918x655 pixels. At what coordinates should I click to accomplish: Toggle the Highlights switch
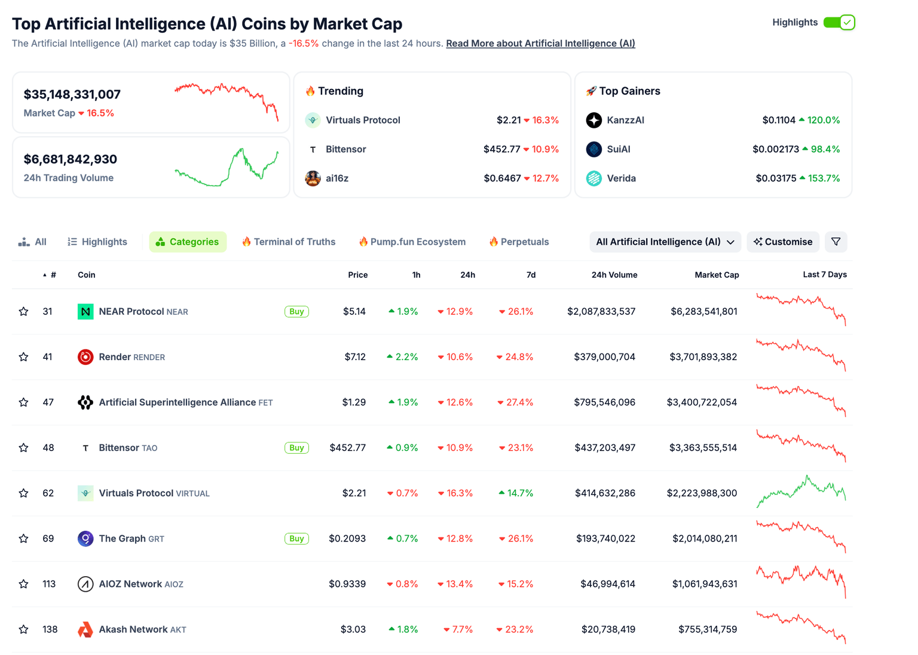point(839,23)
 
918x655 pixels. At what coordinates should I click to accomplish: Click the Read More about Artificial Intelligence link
point(540,44)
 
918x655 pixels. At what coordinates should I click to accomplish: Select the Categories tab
point(188,242)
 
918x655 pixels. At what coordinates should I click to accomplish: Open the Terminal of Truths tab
point(289,242)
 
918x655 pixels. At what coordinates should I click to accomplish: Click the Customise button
point(783,242)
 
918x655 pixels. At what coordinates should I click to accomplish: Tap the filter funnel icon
point(836,242)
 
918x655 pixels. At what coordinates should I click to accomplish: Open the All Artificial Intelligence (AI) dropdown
point(665,242)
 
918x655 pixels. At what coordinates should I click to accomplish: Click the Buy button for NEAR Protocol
point(296,312)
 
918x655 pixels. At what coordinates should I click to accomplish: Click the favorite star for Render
point(24,357)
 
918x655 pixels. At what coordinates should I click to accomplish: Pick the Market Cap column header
point(717,275)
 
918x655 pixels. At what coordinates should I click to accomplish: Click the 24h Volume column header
point(614,275)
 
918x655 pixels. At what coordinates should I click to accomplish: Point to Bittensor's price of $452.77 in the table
point(347,448)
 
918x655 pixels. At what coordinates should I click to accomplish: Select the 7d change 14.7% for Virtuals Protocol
point(516,493)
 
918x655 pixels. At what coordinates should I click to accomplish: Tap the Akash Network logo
point(85,629)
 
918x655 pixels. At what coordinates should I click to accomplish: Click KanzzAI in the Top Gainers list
point(625,120)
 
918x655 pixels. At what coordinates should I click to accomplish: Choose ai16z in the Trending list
point(337,178)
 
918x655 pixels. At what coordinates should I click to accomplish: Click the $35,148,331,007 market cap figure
point(72,94)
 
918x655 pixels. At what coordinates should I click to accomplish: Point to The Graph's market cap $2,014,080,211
point(705,539)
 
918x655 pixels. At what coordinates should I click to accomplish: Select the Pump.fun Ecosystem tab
point(412,242)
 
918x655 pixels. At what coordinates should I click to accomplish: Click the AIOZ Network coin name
point(130,584)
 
